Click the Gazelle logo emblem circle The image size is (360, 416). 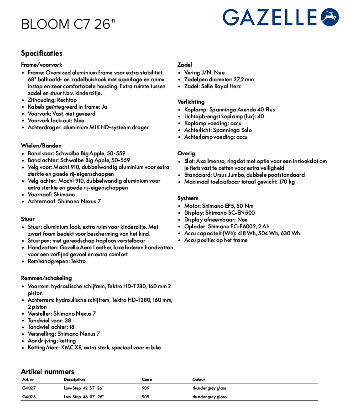coord(330,17)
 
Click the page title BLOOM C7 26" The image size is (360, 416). coord(67,24)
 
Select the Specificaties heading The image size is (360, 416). coord(42,53)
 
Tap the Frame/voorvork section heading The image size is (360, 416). coord(42,65)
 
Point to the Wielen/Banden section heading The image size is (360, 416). coord(41,146)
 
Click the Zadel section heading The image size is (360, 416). coord(185,65)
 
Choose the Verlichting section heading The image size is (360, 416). coord(191,101)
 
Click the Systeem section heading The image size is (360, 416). coord(188,198)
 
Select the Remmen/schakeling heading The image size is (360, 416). coord(47,278)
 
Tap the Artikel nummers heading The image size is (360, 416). coord(47,372)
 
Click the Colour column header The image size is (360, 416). coord(198,379)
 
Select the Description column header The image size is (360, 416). coord(74,379)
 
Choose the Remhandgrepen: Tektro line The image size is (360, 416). coord(57,261)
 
